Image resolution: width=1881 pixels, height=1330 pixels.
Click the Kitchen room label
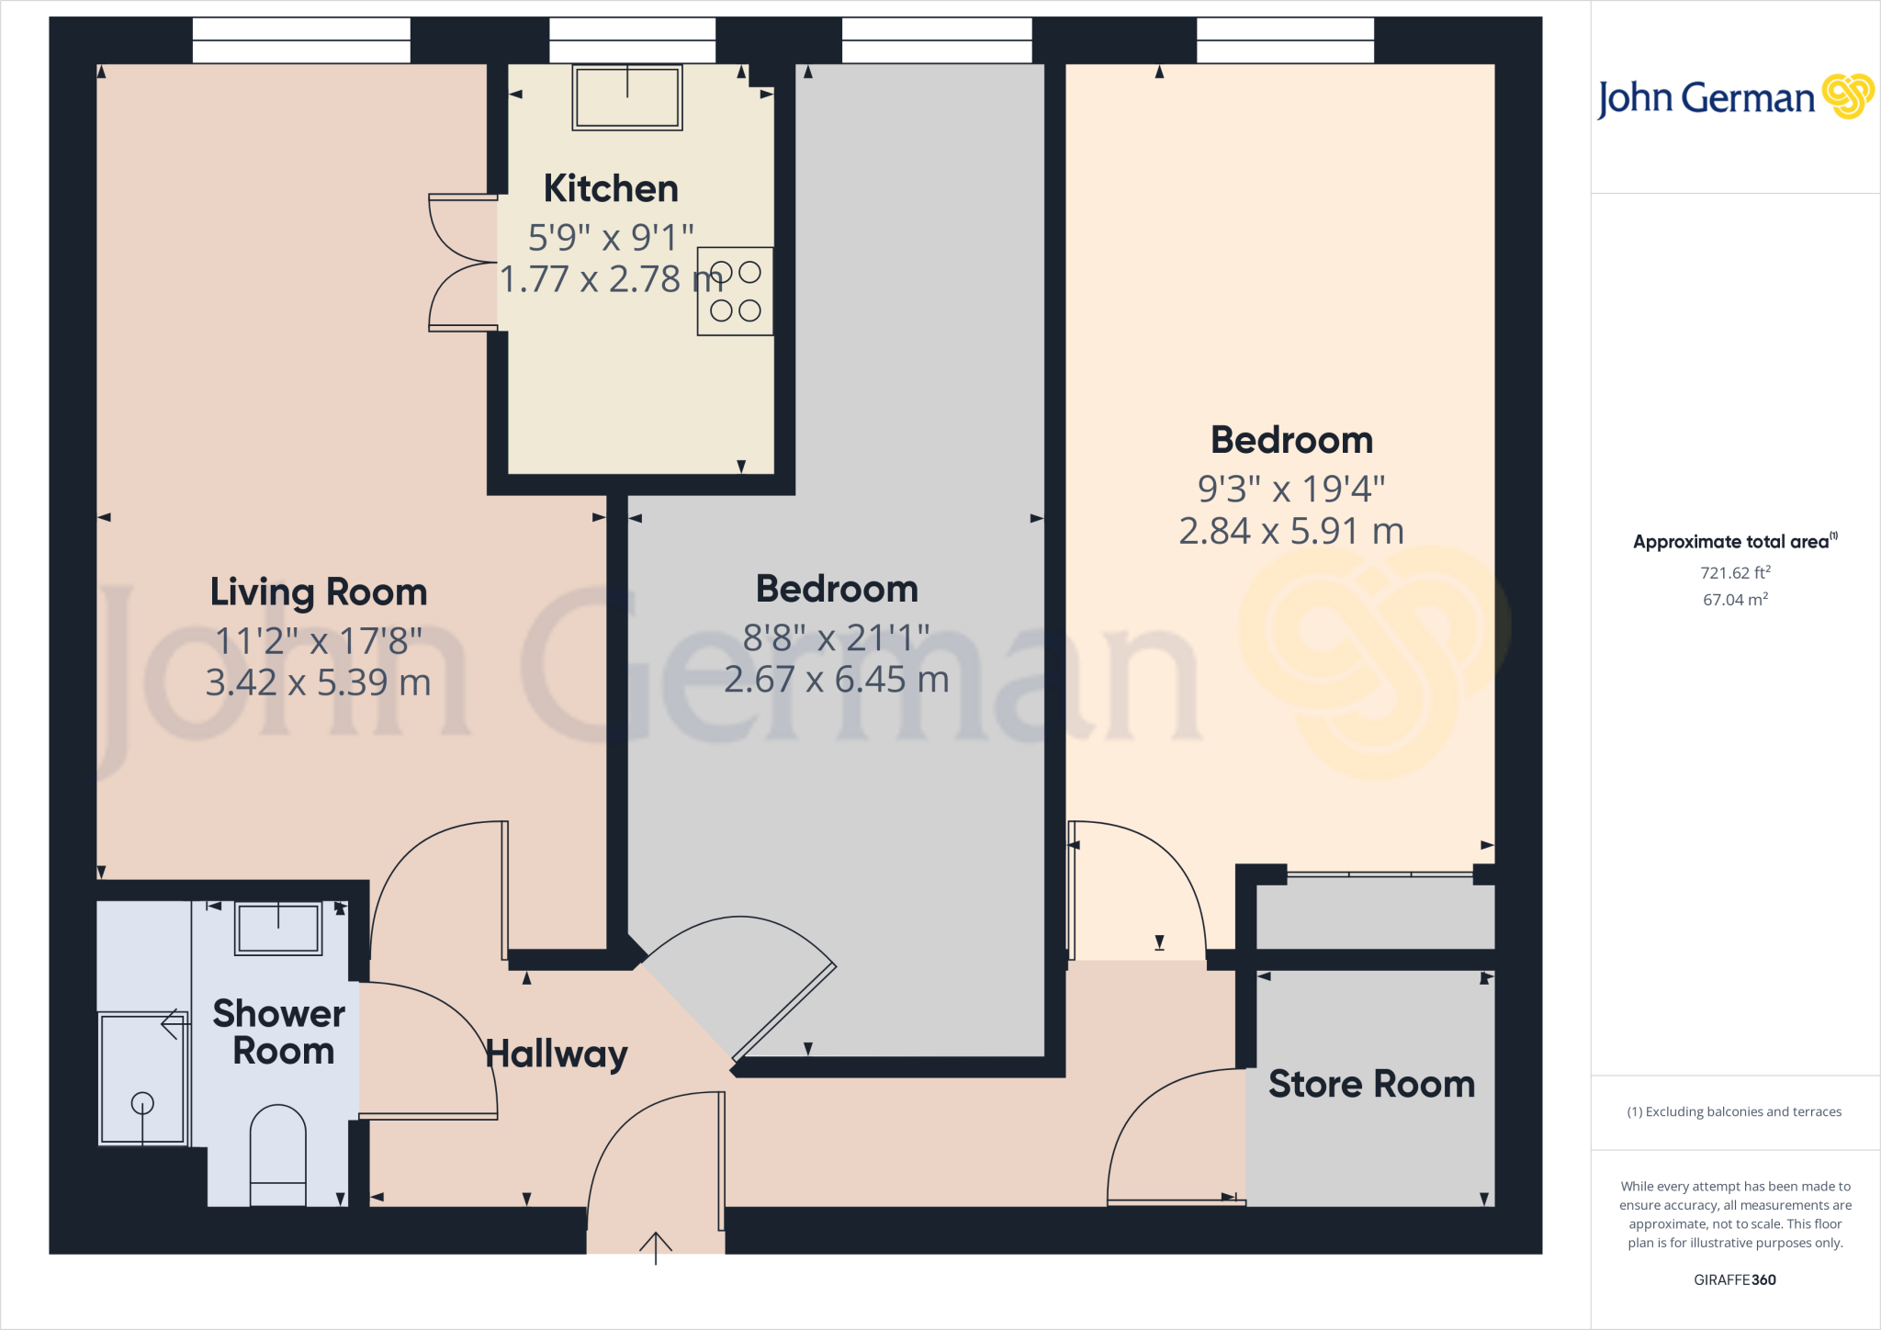611,189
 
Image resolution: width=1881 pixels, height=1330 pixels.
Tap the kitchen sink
627,97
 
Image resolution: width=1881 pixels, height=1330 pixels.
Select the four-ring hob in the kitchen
735,291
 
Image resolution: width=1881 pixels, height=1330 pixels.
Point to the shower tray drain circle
142,1102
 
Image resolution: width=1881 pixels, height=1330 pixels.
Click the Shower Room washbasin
278,929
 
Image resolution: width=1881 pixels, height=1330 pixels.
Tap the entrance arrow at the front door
656,1247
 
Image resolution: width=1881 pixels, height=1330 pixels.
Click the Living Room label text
319,592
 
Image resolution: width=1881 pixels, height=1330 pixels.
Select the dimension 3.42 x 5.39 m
319,682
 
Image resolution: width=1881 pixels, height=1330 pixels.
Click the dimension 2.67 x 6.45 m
836,680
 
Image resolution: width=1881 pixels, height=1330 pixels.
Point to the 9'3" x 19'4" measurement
1291,489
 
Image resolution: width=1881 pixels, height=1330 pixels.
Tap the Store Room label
1371,1085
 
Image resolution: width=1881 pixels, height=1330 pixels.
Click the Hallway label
557,1054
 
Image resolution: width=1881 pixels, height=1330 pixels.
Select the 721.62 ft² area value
1735,572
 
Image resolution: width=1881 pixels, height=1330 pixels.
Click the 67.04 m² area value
1735,600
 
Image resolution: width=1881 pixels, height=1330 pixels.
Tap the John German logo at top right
1734,97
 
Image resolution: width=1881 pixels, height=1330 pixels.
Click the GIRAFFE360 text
1734,1279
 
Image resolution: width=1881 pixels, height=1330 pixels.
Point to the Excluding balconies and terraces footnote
1734,1111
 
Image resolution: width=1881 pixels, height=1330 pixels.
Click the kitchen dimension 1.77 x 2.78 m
611,279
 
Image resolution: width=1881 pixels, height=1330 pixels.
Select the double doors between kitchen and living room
462,263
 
